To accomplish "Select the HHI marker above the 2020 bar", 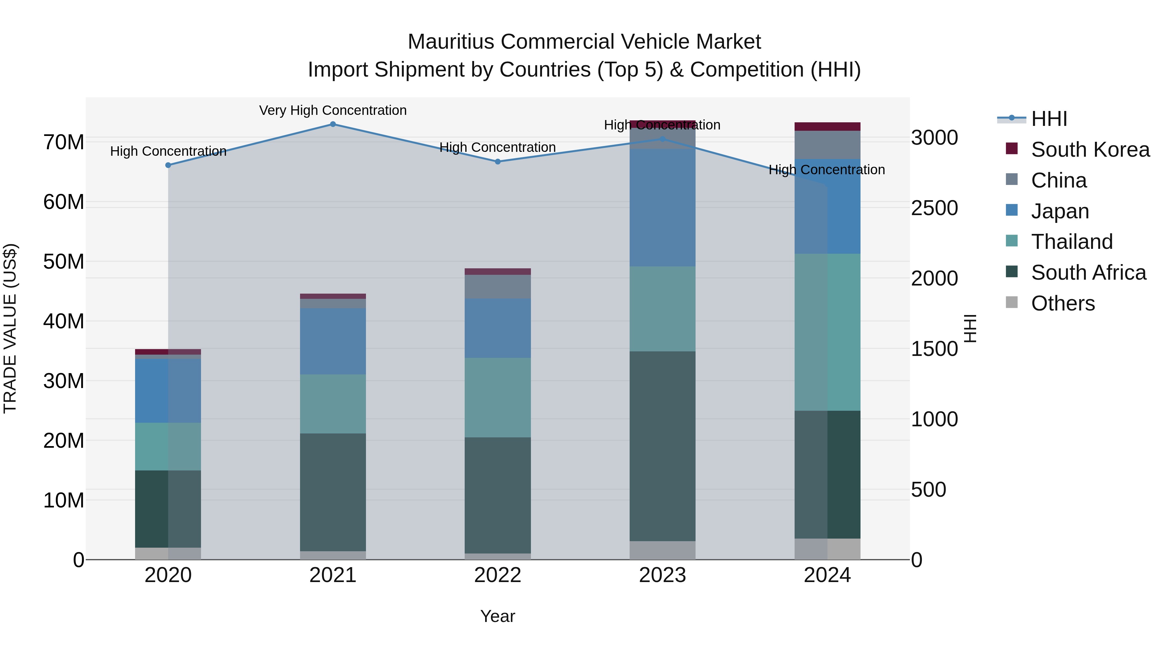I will click(x=168, y=165).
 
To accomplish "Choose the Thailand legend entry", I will click(x=1072, y=242).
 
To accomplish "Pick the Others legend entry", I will click(x=1062, y=303).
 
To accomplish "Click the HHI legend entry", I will click(x=1049, y=119).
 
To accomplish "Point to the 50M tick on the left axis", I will click(x=64, y=262).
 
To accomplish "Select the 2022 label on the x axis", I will click(x=497, y=575).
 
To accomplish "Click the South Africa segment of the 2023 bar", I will click(x=662, y=446).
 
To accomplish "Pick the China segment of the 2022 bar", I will click(x=497, y=286).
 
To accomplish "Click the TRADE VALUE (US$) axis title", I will click(x=10, y=328).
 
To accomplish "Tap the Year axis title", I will click(x=497, y=616).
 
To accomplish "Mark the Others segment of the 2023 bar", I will click(x=662, y=550).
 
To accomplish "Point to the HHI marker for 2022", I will click(x=497, y=162).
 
